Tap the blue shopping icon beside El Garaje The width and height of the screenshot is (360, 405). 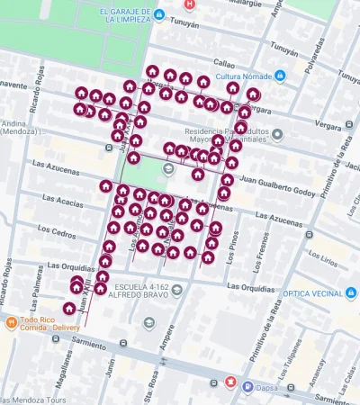pos(159,15)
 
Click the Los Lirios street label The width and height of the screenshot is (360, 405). pos(319,259)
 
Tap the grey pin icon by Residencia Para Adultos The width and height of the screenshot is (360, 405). pos(277,134)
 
